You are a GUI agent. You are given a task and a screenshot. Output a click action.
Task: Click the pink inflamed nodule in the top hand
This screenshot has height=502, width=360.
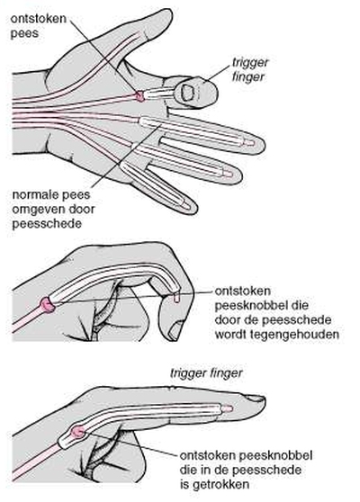(x=140, y=95)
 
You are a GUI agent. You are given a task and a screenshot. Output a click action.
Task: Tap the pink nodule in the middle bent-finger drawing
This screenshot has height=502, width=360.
(x=48, y=304)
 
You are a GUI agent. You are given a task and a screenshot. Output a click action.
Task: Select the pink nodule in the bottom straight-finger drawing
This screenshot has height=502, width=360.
(x=77, y=432)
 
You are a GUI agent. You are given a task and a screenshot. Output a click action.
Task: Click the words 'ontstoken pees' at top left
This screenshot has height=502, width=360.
(x=39, y=26)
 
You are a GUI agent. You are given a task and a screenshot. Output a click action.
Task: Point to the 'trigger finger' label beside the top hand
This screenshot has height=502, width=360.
(x=250, y=70)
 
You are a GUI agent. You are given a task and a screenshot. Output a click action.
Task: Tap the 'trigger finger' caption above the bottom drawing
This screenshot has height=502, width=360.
(x=207, y=373)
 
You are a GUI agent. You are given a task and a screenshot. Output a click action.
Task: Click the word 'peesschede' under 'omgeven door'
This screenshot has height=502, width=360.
(x=47, y=223)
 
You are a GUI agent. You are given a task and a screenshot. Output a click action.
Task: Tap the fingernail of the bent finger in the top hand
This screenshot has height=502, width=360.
(x=186, y=92)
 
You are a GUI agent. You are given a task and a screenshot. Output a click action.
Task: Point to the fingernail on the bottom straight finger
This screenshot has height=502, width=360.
(x=256, y=399)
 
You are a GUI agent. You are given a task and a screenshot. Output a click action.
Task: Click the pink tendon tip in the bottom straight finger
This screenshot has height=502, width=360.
(x=227, y=408)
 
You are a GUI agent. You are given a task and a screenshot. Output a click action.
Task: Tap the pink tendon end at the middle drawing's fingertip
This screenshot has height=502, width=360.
(x=176, y=299)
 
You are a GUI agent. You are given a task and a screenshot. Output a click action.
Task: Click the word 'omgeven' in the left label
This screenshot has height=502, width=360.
(x=36, y=210)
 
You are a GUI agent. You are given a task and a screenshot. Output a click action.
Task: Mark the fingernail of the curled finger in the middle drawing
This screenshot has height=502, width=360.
(x=176, y=331)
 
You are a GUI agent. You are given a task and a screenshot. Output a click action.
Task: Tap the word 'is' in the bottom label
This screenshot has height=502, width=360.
(x=184, y=484)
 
